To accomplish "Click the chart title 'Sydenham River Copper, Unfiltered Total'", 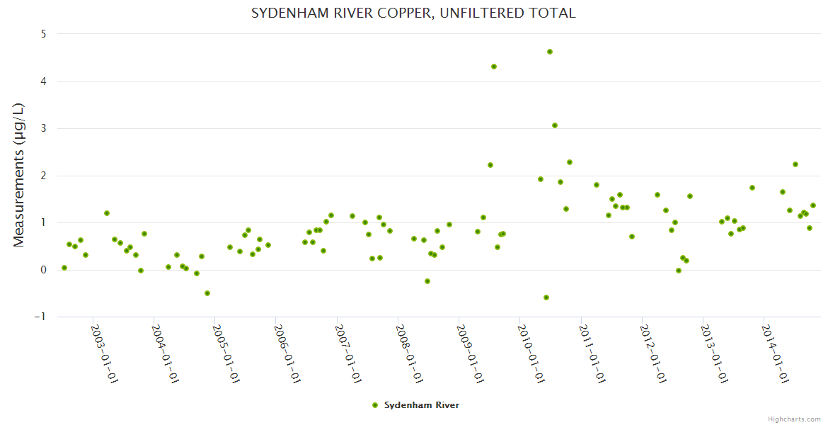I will pos(413,13).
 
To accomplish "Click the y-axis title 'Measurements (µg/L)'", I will pos(19,175).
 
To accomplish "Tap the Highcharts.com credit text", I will pos(794,419).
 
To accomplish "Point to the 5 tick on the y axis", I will pos(43,34).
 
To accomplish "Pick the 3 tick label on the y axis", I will pos(43,128).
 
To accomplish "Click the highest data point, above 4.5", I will pos(550,52).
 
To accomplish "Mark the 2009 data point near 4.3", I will pos(494,67).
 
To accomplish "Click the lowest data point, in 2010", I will pos(546,297).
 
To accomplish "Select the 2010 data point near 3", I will pos(555,125).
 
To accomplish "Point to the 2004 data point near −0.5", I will pos(207,293).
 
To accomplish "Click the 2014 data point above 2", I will pos(795,164).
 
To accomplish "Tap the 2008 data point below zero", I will pos(427,281).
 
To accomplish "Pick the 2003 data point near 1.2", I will pos(107,213).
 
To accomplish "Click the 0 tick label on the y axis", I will pos(43,270).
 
